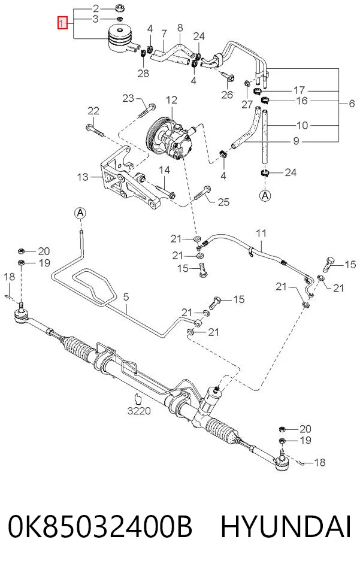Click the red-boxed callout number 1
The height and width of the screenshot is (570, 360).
[63, 23]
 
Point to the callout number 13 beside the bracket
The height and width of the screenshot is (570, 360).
[83, 177]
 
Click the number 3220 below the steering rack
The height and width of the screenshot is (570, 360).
[139, 411]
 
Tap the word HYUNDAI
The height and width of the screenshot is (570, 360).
[286, 526]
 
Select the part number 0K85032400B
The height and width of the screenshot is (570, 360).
[100, 526]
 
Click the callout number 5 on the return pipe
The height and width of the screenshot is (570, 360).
[126, 297]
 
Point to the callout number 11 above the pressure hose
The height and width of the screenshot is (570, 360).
[261, 233]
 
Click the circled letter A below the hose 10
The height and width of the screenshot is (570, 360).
[265, 196]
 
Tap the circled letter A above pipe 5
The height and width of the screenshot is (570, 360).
[80, 213]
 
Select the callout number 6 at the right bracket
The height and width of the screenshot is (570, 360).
[351, 103]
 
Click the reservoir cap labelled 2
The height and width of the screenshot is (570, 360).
[119, 8]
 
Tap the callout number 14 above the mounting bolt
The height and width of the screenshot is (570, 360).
[164, 170]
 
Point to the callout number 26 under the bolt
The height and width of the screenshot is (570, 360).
[227, 95]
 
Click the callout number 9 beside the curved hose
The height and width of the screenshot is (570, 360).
[296, 140]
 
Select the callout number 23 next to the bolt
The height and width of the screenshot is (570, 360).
[128, 98]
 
